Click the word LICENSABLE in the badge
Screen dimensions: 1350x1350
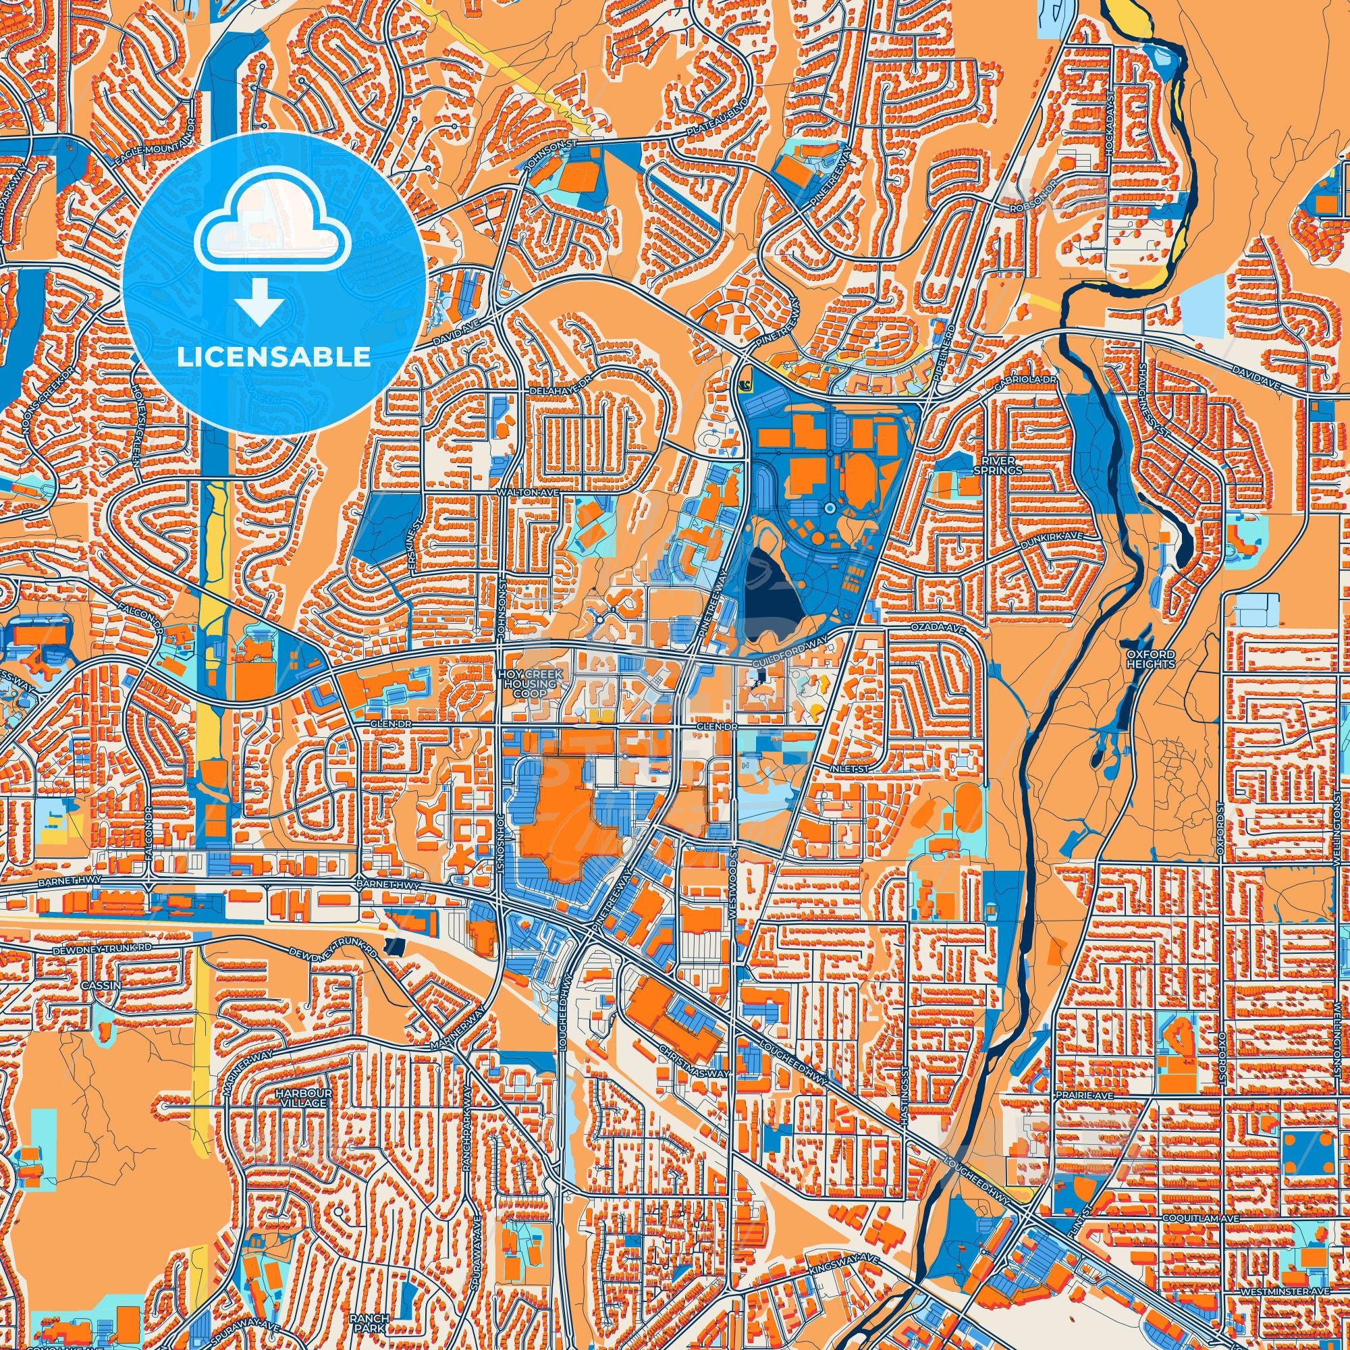273,357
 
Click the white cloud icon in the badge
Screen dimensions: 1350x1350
273,234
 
